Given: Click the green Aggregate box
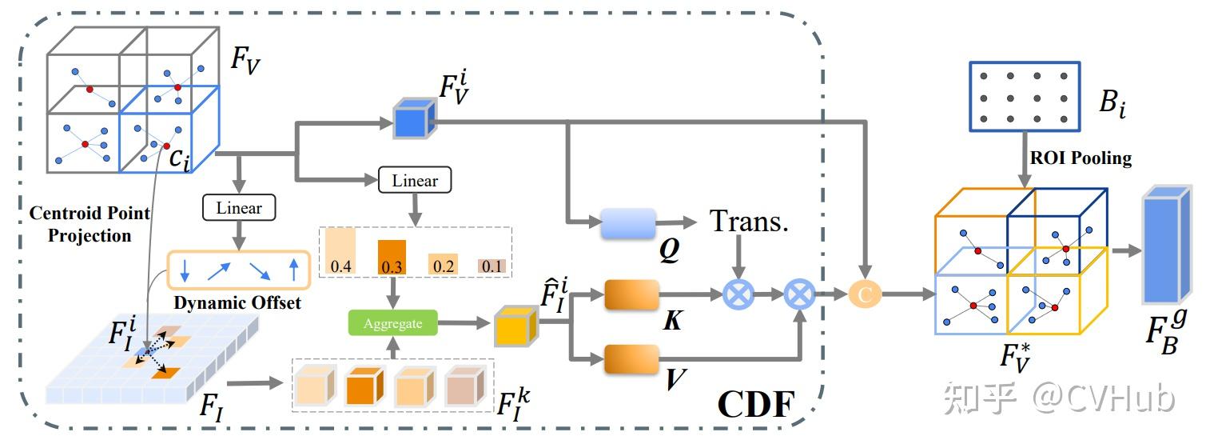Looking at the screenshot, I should click(393, 323).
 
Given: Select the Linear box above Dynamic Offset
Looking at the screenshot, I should click(239, 208).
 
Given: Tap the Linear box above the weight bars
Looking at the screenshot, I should click(415, 180).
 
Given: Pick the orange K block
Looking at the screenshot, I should click(631, 295).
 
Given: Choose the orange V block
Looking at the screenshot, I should click(631, 359).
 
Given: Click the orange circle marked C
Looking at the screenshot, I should click(863, 295).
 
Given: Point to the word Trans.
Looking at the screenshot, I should click(748, 222).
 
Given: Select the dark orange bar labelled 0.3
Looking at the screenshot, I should click(392, 257).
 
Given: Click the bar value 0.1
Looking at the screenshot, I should click(491, 266).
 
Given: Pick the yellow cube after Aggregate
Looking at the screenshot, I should click(514, 326).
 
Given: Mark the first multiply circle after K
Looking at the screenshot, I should click(739, 295).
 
